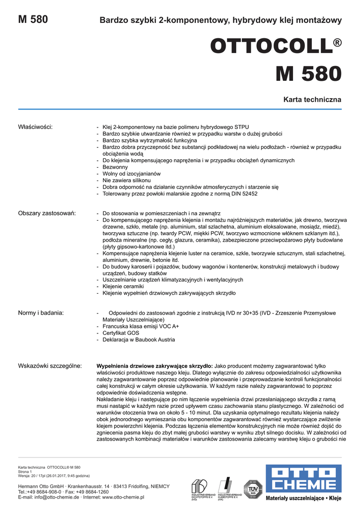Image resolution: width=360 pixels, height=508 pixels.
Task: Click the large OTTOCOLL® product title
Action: pyautogui.click(x=276, y=47)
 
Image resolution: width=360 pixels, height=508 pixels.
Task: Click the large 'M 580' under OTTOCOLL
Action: pyautogui.click(x=308, y=74)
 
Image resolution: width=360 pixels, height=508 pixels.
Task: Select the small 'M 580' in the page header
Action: pyautogui.click(x=33, y=20)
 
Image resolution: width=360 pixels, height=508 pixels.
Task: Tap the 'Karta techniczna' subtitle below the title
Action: pyautogui.click(x=312, y=99)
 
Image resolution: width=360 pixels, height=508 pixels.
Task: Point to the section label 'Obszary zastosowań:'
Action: pyautogui.click(x=47, y=213)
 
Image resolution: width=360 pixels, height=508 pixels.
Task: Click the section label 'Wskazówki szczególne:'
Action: pyautogui.click(x=50, y=366)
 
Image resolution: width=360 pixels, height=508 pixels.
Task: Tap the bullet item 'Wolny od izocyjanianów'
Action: pyautogui.click(x=131, y=174)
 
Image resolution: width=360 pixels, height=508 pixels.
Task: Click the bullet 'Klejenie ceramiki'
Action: pyautogui.click(x=123, y=287)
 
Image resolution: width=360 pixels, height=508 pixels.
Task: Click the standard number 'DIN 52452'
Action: pyautogui.click(x=242, y=194)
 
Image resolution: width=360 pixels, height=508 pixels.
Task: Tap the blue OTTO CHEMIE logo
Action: pyautogui.click(x=303, y=478)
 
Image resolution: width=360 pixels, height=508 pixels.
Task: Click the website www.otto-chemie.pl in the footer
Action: pyautogui.click(x=123, y=497)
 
